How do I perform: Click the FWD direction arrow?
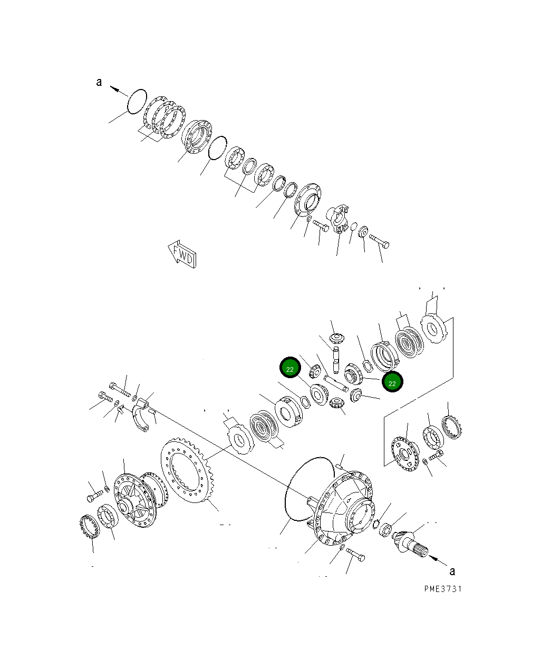pos(182,254)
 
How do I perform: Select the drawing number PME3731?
pos(443,589)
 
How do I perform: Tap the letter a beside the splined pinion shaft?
pos(452,571)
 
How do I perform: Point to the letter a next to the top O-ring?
pos(99,82)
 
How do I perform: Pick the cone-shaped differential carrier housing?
pos(343,507)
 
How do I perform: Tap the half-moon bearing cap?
pos(141,415)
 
